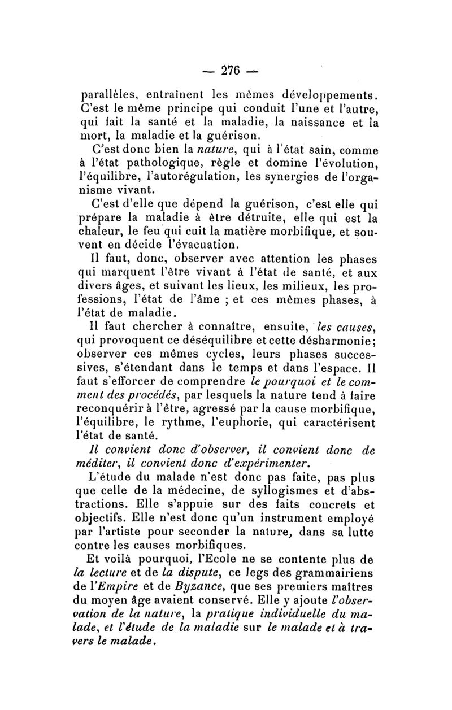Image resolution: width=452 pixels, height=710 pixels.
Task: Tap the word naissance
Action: click(324, 121)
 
